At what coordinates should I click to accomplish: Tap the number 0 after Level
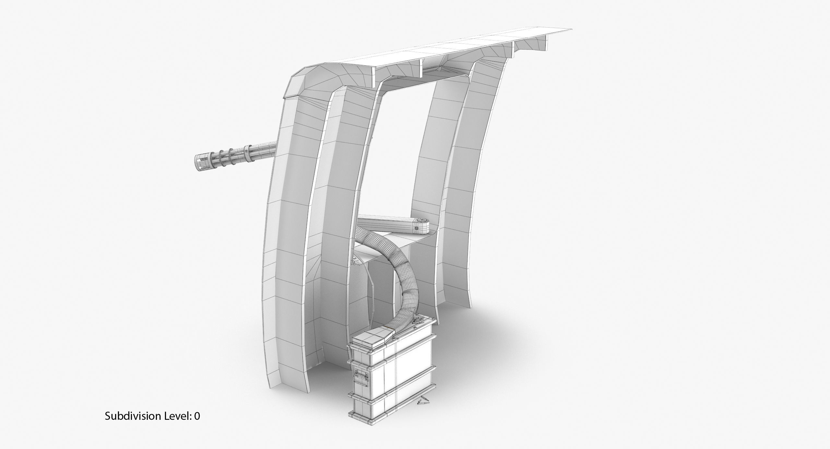pyautogui.click(x=197, y=425)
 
